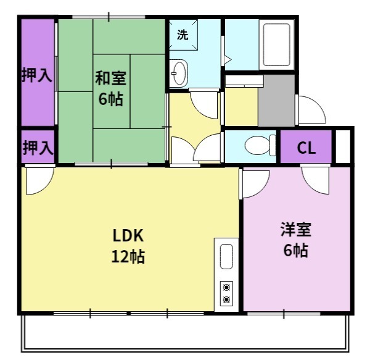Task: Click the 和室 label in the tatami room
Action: point(110,78)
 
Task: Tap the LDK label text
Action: point(128,235)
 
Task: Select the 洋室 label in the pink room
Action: point(295,230)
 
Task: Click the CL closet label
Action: point(306,148)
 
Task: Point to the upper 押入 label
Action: point(36,75)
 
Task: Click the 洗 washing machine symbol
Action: point(183,35)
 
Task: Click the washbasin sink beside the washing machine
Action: point(179,73)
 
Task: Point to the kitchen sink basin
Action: point(226,257)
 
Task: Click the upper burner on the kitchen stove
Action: point(227,287)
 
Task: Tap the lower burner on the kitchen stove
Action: point(227,300)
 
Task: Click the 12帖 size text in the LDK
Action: point(128,256)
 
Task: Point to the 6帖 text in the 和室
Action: point(111,99)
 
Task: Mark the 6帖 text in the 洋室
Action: point(295,251)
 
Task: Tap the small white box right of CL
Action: point(343,147)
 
